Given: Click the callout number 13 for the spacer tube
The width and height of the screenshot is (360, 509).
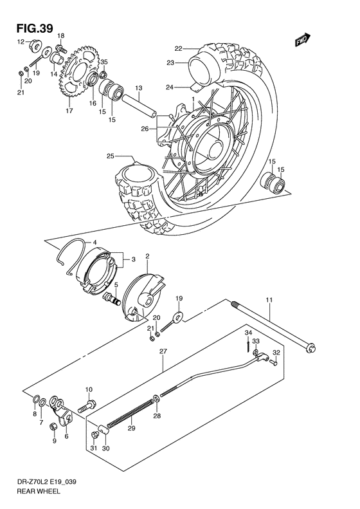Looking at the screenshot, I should [x=138, y=88].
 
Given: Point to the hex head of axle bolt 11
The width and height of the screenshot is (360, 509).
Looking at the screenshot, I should [x=309, y=348].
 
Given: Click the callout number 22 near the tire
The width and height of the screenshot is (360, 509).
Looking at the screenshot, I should [x=178, y=48].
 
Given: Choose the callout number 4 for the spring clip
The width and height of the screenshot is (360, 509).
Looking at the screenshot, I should [x=94, y=242].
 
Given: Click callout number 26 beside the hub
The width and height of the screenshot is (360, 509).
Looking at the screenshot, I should [x=145, y=129].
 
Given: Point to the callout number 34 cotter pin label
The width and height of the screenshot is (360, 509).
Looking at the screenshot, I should [x=248, y=331].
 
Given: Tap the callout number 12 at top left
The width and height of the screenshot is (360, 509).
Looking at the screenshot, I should [x=20, y=42].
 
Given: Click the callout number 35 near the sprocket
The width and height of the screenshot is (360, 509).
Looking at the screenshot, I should [x=104, y=62].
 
